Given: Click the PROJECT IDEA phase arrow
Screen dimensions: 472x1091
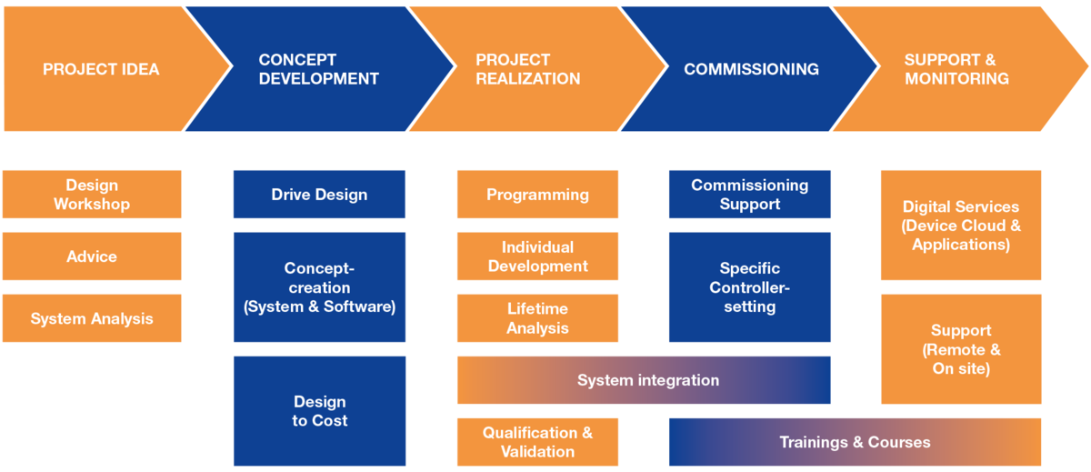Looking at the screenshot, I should click(x=102, y=69).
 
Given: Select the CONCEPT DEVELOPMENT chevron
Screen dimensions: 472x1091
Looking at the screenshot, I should click(x=318, y=69).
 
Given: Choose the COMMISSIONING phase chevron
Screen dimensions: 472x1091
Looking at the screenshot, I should click(x=751, y=69).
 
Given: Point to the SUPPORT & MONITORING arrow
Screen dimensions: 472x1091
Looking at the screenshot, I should click(x=956, y=69).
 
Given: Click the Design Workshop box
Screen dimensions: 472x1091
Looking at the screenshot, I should click(x=92, y=195).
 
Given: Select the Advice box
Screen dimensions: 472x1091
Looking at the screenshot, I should click(x=92, y=256).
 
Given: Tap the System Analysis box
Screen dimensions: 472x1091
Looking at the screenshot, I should click(x=92, y=318).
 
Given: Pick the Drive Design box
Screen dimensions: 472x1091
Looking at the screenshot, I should click(x=319, y=195).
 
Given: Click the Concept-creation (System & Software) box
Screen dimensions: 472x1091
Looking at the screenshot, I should click(x=319, y=287).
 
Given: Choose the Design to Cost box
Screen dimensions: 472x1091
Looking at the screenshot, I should click(x=319, y=411).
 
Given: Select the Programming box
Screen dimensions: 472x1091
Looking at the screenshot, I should click(x=537, y=195).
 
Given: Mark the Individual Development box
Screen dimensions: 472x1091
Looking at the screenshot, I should click(x=537, y=256).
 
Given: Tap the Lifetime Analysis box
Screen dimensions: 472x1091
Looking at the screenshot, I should click(x=537, y=318).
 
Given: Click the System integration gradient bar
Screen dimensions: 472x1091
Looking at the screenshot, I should click(x=644, y=380).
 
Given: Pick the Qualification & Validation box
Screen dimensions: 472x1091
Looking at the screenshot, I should click(x=537, y=442).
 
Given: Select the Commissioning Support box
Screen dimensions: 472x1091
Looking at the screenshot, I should click(x=750, y=195).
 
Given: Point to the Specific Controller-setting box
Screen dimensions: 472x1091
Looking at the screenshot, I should click(x=750, y=287).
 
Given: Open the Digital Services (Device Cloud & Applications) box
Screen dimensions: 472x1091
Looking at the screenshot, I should click(x=961, y=226).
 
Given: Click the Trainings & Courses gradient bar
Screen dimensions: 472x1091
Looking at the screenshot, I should click(x=855, y=442).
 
